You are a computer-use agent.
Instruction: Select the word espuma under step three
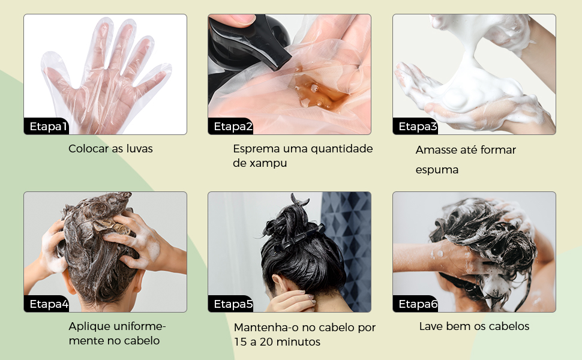[437, 170]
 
